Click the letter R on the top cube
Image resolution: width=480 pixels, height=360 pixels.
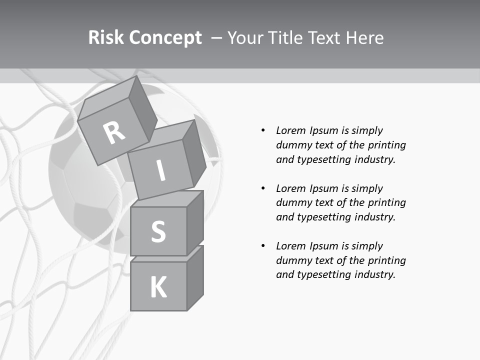pos(114,132)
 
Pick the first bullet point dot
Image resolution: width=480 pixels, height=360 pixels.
pos(263,130)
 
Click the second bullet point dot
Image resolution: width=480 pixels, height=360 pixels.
pos(263,188)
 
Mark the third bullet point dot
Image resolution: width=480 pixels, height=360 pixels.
pos(263,246)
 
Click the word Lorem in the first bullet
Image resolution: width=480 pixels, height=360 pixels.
pos(290,130)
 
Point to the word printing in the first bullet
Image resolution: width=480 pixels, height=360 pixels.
pos(387,145)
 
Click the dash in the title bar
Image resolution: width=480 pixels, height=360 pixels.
pos(216,38)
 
